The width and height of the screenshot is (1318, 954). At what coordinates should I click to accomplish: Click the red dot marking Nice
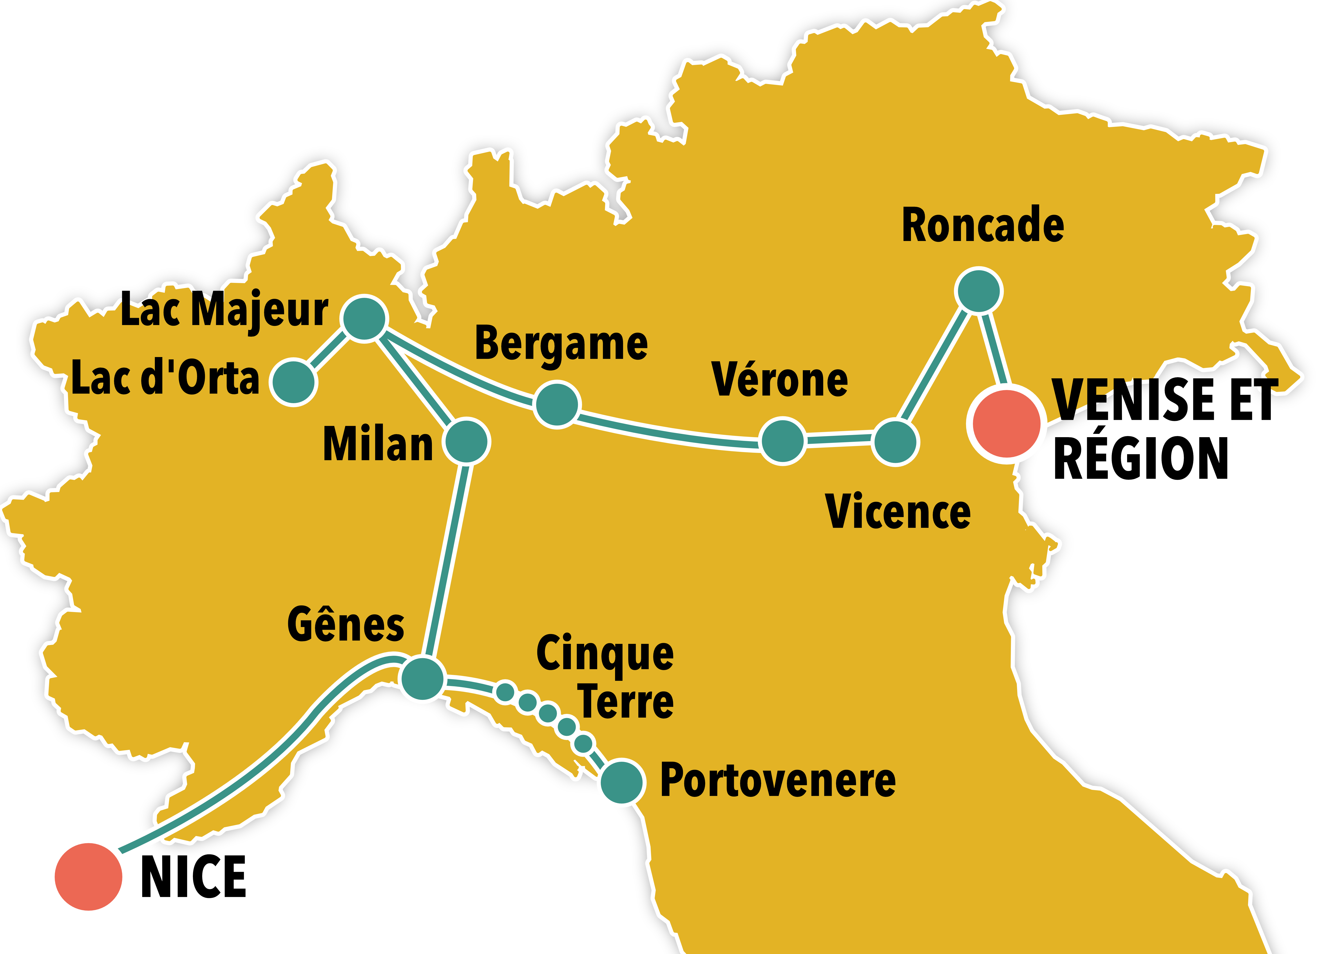[x=88, y=876]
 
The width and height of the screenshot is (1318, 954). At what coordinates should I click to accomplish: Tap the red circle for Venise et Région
[x=1006, y=423]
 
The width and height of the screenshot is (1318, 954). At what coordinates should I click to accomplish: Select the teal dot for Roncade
[x=979, y=290]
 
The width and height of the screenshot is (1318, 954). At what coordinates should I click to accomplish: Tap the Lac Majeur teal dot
[x=364, y=318]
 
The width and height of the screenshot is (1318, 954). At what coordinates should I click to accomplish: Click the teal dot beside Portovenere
[x=621, y=782]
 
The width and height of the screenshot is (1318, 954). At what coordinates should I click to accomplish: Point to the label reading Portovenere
[x=778, y=781]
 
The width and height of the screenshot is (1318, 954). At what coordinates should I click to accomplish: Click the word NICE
[x=194, y=877]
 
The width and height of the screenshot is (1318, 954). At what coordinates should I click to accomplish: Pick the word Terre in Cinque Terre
[x=626, y=702]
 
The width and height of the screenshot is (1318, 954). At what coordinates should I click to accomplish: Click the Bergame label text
[x=561, y=344]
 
